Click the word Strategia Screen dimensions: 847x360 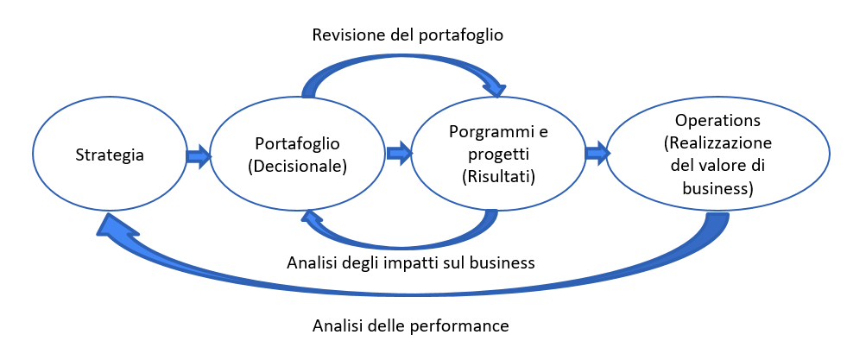coord(110,155)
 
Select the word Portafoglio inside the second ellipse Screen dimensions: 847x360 coord(297,145)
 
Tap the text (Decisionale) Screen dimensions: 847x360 coord(297,167)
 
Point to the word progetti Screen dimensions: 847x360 coord(498,155)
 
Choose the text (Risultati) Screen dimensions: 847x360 coord(498,176)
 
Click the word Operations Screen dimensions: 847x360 coord(717,120)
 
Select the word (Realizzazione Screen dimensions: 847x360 coord(717,143)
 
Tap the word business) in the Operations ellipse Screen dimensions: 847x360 coord(717,188)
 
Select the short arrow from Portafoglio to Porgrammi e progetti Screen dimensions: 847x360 coord(399,155)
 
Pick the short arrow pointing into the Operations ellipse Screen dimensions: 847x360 coord(597,155)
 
